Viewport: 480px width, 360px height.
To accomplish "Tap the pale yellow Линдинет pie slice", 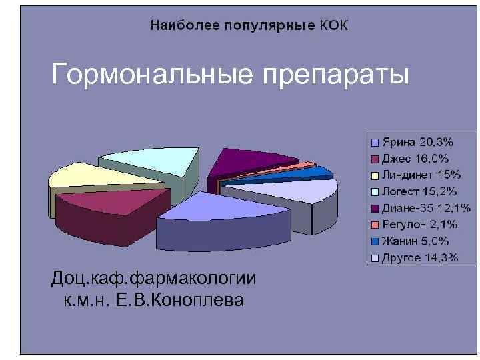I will tap(93, 175).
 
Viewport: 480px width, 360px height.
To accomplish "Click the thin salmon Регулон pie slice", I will tap(306, 164).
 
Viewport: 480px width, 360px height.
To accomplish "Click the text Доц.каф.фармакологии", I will tap(153, 279).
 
